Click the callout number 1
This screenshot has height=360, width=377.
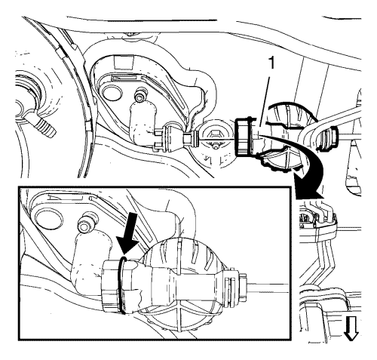(271, 63)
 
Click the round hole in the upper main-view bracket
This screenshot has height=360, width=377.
(110, 92)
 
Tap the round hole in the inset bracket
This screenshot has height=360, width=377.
(48, 217)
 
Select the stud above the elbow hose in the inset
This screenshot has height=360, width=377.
(85, 223)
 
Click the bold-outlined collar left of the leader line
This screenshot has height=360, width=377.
(242, 136)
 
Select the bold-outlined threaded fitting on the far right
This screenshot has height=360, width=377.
(328, 139)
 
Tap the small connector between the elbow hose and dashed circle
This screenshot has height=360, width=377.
(176, 139)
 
